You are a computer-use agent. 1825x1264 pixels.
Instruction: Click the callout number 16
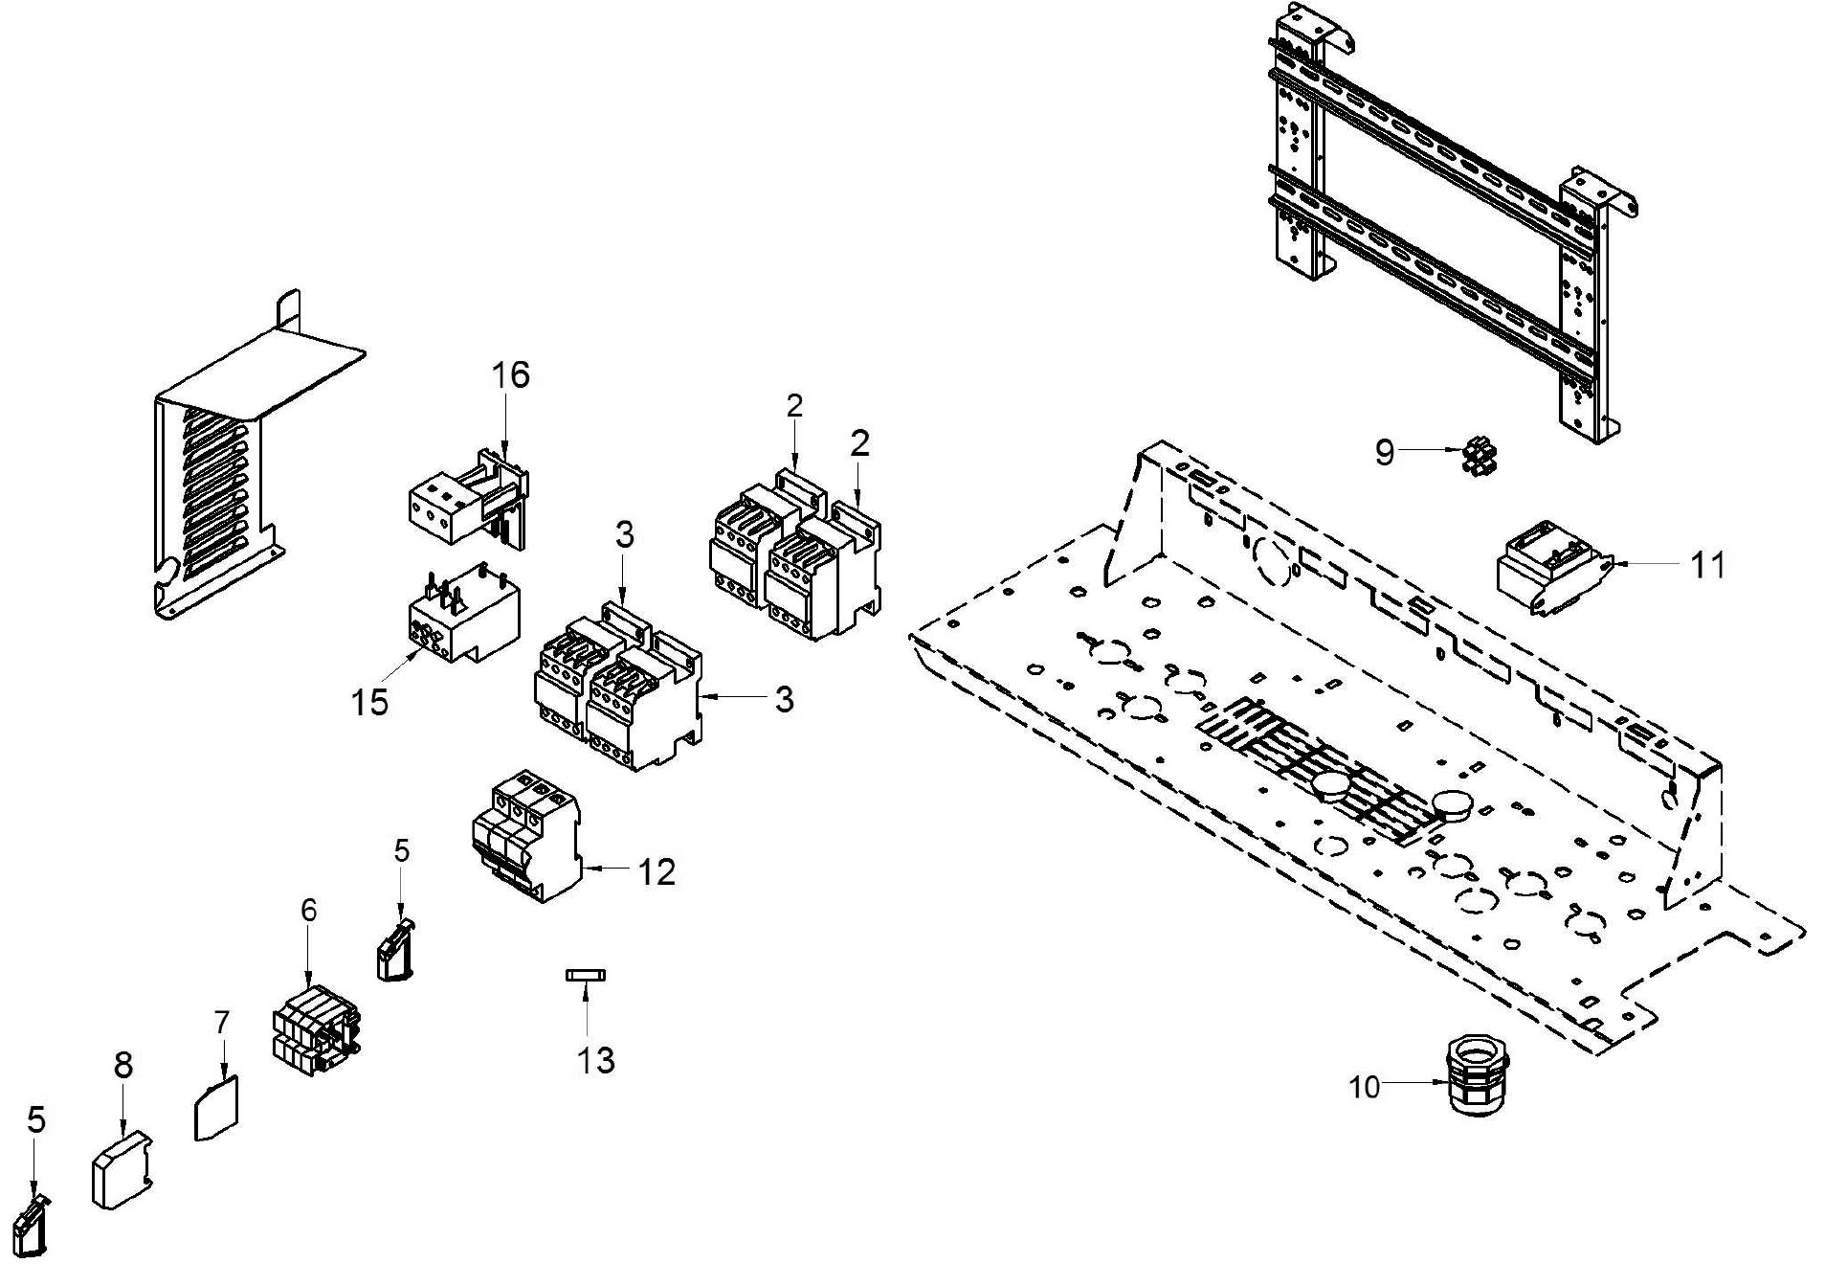click(511, 374)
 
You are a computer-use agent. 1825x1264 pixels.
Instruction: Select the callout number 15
click(369, 702)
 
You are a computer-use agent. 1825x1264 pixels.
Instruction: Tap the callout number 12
click(657, 871)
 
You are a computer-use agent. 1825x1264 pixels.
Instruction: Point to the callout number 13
click(594, 1060)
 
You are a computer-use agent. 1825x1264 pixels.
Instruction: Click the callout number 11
click(1707, 565)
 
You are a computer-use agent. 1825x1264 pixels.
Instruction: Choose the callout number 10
click(1365, 1087)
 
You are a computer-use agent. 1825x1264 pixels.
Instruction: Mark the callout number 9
click(1384, 451)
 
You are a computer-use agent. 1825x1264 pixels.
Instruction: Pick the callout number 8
click(123, 1065)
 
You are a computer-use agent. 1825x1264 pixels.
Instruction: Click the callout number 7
click(222, 1023)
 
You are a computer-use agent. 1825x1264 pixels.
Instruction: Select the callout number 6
click(308, 910)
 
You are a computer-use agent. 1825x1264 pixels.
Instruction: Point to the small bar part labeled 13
click(585, 975)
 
